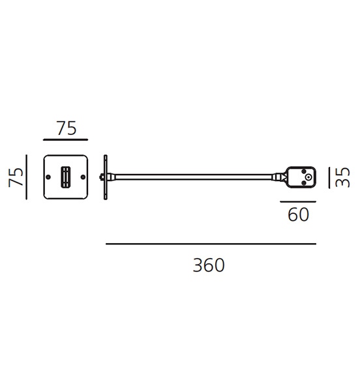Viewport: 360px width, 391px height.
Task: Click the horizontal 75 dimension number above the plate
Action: click(x=67, y=128)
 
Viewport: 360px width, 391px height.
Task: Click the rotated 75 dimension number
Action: click(x=16, y=177)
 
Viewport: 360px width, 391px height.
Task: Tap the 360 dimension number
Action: click(x=209, y=265)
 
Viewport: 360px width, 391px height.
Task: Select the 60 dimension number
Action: click(x=299, y=214)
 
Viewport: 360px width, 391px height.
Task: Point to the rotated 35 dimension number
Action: click(x=342, y=177)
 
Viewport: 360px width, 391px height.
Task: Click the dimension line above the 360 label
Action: click(x=211, y=244)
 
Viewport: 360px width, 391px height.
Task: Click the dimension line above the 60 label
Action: click(x=298, y=201)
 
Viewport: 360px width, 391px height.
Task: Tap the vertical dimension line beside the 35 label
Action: click(x=329, y=177)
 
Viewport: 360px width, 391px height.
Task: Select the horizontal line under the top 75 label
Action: click(x=66, y=140)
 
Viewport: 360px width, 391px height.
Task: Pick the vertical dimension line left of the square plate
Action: click(x=27, y=177)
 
